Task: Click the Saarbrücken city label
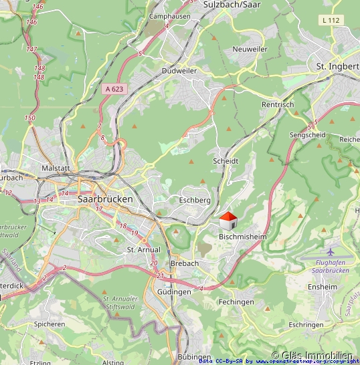pos(105,199)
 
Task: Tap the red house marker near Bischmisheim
pos(228,221)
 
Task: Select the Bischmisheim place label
pos(242,237)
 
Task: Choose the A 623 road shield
pos(114,88)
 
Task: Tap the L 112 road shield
pos(331,21)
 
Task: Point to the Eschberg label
pos(195,200)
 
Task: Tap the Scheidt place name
pos(225,161)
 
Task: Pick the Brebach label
pos(185,263)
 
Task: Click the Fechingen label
pos(236,301)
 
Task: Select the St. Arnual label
pos(144,249)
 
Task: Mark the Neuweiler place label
pos(250,49)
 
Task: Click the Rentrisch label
pos(278,105)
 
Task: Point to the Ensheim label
pos(323,287)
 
